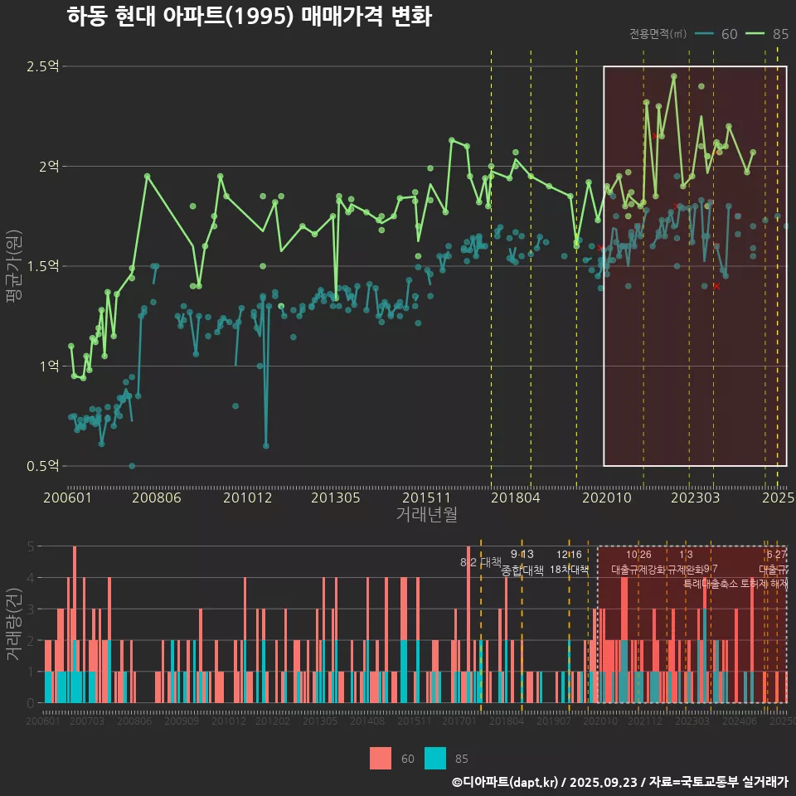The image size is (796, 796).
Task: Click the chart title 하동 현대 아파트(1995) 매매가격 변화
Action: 249,17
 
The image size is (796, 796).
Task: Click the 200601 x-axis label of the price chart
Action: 67,498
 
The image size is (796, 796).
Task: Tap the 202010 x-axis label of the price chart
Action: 604,498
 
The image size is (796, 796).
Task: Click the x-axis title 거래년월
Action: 426,515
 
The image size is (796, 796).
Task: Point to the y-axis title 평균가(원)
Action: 14,266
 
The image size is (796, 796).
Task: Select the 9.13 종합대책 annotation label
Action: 522,563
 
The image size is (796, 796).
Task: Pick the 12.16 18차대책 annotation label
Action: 569,563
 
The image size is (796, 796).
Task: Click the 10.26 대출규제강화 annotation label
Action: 638,563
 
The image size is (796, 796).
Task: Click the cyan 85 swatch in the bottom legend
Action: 435,759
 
